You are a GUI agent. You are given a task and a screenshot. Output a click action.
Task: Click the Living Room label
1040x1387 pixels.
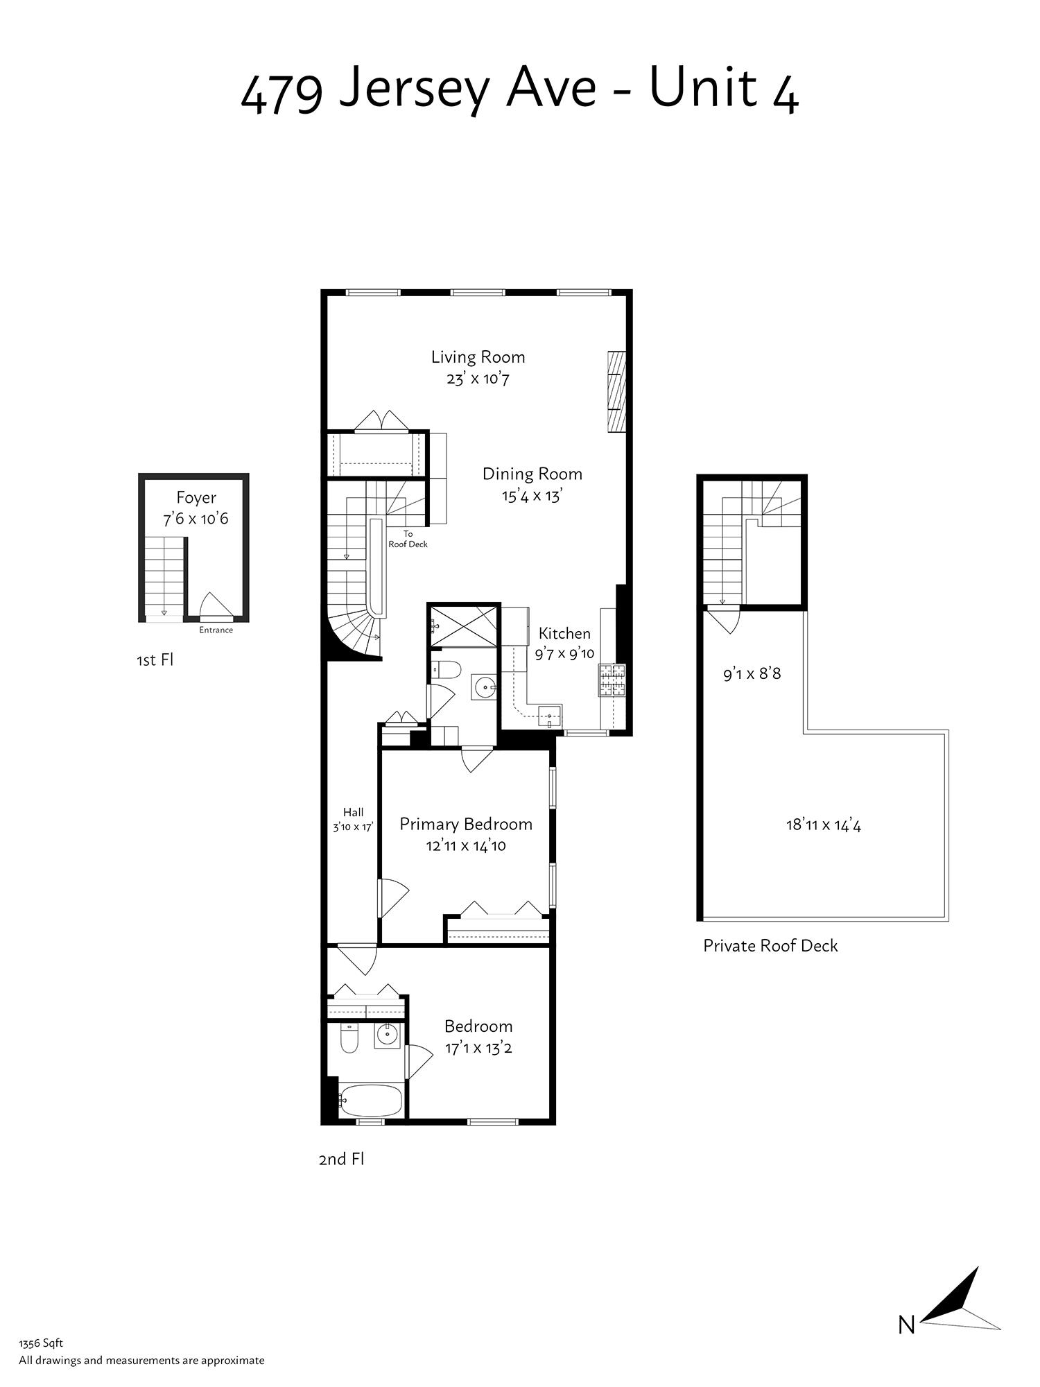(x=478, y=357)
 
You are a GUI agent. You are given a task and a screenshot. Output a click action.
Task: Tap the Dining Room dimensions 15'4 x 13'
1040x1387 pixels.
(x=532, y=497)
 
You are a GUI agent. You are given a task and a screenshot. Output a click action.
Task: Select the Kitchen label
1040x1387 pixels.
(x=564, y=633)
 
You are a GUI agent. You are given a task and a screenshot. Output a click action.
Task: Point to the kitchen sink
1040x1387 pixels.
(x=550, y=715)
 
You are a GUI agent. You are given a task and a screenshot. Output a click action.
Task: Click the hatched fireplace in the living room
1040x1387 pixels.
(x=616, y=392)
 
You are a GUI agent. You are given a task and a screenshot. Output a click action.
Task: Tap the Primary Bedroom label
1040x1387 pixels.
(x=466, y=824)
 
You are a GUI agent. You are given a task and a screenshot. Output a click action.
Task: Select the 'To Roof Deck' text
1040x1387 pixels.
(x=408, y=539)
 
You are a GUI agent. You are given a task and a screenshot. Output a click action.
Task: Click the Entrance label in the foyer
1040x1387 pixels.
(x=216, y=630)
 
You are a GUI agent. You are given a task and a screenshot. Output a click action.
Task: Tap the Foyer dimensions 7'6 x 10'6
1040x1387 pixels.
(x=196, y=519)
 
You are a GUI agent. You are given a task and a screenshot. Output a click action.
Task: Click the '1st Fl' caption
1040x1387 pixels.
(x=155, y=660)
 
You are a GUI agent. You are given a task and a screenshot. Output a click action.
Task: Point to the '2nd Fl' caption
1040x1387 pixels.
(x=341, y=1159)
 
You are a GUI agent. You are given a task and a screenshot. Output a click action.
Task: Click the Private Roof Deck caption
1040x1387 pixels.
(x=770, y=946)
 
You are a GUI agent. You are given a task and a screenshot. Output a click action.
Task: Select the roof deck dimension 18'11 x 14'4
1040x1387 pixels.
(x=823, y=825)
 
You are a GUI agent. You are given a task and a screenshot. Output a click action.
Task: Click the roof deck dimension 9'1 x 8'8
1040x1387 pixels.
(x=752, y=673)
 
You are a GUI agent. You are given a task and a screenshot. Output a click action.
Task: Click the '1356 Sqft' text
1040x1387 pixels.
(x=41, y=1343)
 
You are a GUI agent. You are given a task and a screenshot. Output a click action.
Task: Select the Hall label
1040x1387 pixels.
(x=353, y=813)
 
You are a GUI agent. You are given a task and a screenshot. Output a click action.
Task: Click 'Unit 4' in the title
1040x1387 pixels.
(x=724, y=89)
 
